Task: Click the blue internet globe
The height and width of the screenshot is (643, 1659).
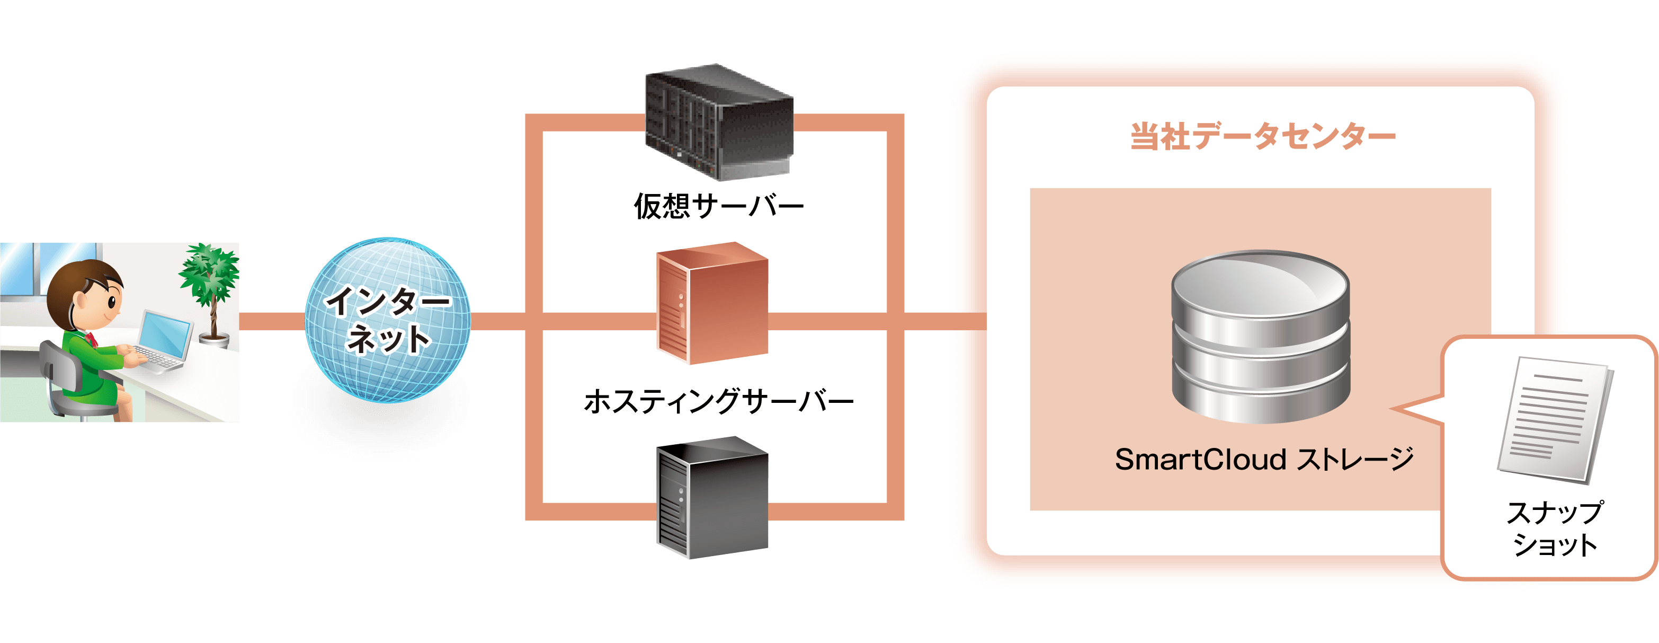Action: pyautogui.click(x=388, y=320)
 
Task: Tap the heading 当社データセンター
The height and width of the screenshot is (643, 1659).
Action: pyautogui.click(x=1262, y=137)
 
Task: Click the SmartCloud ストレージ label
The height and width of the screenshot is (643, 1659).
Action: pyautogui.click(x=1263, y=460)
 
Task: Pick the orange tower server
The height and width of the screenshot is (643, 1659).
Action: pyautogui.click(x=712, y=303)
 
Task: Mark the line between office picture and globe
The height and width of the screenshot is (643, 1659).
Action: pyautogui.click(x=272, y=321)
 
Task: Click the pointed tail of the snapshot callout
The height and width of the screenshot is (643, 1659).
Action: pyautogui.click(x=1407, y=410)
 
